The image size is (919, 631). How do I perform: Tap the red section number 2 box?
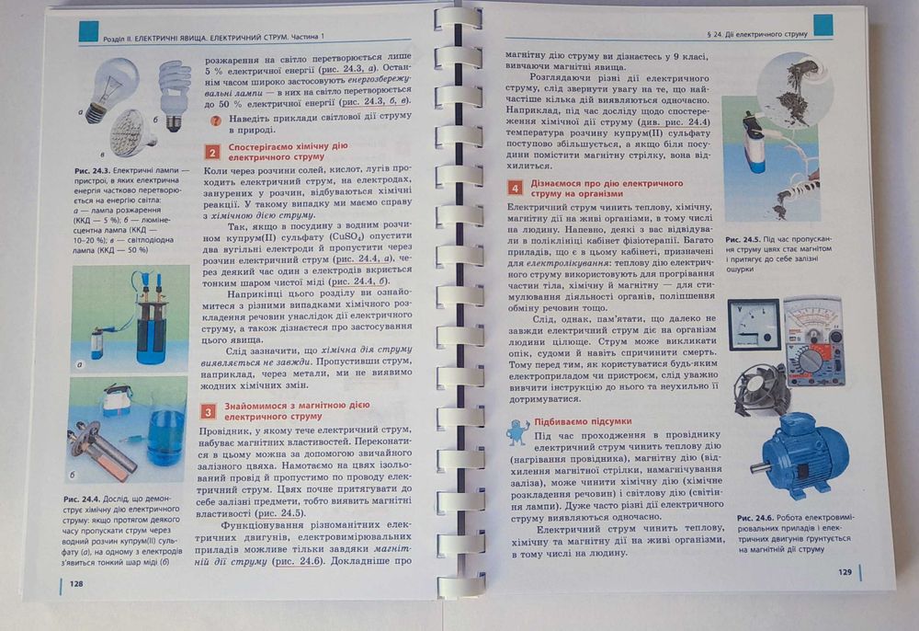pyautogui.click(x=212, y=153)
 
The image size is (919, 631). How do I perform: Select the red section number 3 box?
pyautogui.click(x=210, y=412)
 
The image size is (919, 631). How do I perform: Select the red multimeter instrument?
pyautogui.click(x=813, y=341)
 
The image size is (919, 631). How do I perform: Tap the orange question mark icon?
pyautogui.click(x=214, y=121)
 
